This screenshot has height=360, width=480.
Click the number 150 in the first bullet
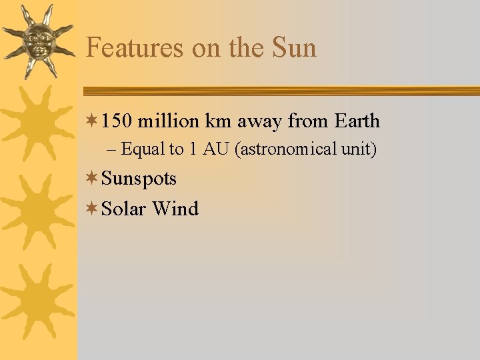[x=117, y=121]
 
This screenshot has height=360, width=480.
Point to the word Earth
[x=357, y=121]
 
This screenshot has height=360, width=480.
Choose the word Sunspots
[x=139, y=179]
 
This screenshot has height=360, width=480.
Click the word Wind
[x=175, y=209]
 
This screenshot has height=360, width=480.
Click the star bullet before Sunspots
[x=93, y=179]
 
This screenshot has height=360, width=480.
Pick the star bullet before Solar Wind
[x=93, y=209]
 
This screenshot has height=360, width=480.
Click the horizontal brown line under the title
[x=280, y=91]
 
